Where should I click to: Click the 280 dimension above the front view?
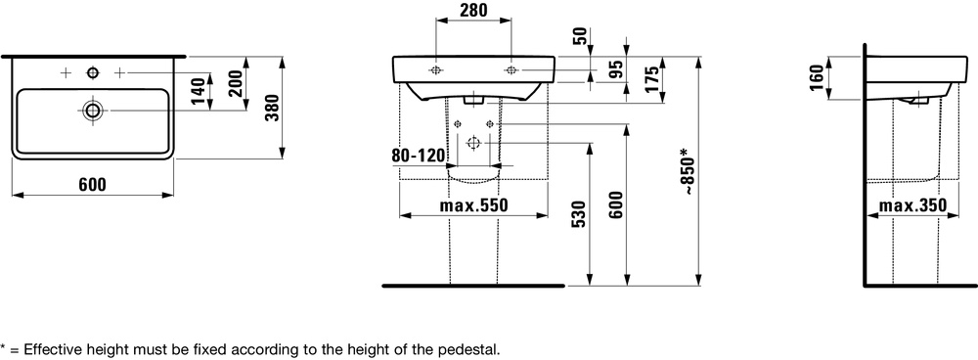[x=473, y=10]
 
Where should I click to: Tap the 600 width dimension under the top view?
[x=92, y=185]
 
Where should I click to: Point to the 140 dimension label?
[x=199, y=91]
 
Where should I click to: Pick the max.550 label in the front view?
[x=473, y=204]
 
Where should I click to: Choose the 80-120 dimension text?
[x=420, y=155]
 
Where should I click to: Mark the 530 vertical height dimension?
[x=578, y=214]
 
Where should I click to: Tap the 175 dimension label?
[x=651, y=79]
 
